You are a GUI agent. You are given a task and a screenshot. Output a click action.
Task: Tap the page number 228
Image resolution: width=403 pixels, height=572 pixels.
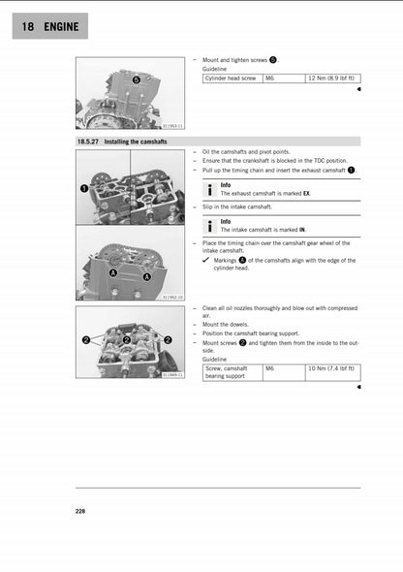click(79, 510)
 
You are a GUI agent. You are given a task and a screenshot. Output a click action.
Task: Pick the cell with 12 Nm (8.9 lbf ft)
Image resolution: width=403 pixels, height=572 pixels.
click(331, 78)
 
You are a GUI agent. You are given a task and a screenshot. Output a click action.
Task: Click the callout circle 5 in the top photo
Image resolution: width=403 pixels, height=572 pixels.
click(136, 79)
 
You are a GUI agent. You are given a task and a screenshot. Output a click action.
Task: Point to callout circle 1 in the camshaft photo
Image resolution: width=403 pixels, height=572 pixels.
click(84, 185)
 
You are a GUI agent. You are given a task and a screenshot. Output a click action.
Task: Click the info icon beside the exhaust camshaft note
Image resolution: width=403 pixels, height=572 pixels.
click(210, 188)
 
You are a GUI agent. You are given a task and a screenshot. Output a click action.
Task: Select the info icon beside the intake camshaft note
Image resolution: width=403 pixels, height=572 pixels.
click(210, 225)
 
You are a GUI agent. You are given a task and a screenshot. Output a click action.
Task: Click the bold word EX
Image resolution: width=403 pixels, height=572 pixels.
click(306, 193)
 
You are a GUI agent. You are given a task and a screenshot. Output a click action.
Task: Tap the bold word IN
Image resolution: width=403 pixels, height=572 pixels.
click(301, 230)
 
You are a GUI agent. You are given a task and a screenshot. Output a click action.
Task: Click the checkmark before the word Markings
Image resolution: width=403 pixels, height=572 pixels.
click(206, 260)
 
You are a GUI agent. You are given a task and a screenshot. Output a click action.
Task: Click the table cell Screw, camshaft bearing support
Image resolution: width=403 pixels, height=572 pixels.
click(231, 372)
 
